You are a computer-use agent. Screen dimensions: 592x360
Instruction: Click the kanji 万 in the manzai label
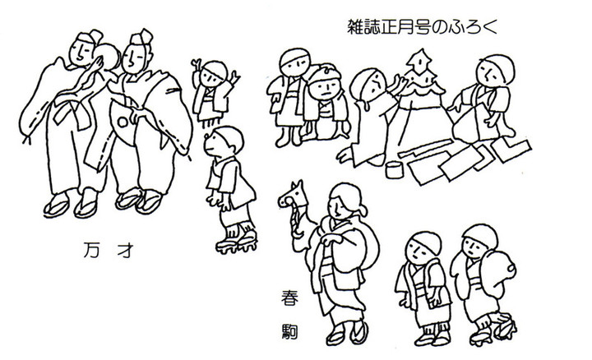point(92,250)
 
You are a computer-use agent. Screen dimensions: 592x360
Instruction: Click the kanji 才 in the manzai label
point(126,250)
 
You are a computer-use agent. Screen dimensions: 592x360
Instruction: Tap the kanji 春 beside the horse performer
point(290,298)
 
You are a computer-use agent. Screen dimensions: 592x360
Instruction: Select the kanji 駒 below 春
point(290,331)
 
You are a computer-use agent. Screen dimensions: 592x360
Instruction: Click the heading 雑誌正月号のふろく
point(423,28)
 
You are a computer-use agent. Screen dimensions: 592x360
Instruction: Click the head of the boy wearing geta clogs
point(224,141)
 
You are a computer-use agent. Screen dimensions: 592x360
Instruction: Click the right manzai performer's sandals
point(139,200)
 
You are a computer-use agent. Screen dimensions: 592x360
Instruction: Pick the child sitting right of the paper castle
point(483,99)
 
